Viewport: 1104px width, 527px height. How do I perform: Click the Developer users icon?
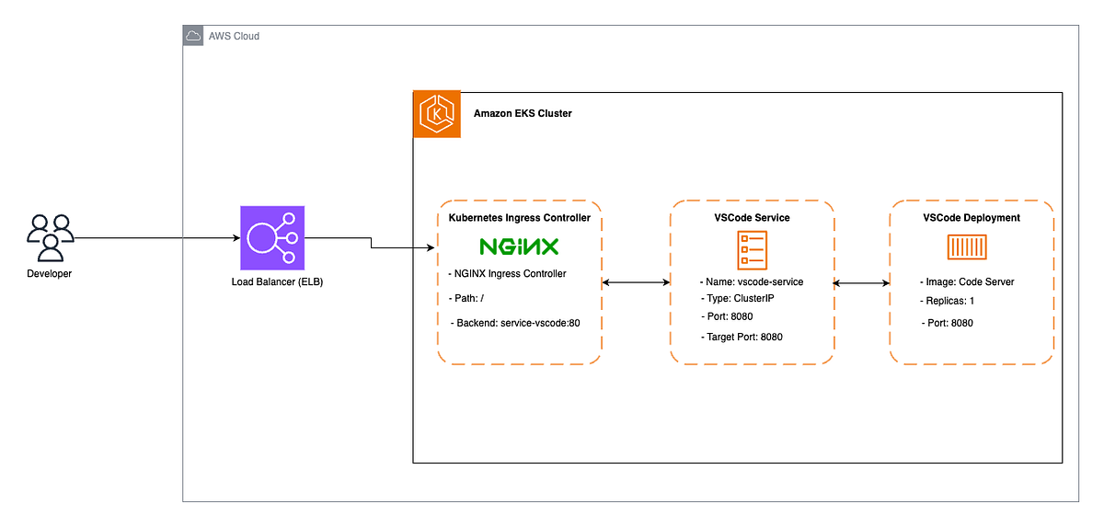click(x=50, y=238)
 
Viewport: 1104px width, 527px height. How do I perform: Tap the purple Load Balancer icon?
click(x=271, y=237)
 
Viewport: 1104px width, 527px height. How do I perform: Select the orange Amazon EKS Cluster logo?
click(x=437, y=114)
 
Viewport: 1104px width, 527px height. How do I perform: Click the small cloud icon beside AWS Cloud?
click(x=193, y=36)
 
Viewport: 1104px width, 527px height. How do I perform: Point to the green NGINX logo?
click(x=519, y=246)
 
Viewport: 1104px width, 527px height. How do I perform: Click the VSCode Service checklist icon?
click(x=752, y=249)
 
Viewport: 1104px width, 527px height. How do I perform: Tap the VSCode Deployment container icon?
click(x=971, y=246)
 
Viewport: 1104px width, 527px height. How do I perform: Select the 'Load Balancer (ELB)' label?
click(x=277, y=281)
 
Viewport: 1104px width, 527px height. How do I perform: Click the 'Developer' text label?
click(x=50, y=274)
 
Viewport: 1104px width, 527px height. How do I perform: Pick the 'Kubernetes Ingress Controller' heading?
click(x=519, y=218)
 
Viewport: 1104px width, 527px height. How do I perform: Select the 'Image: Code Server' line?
click(x=968, y=281)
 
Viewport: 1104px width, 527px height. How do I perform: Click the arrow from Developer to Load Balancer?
click(x=156, y=238)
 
